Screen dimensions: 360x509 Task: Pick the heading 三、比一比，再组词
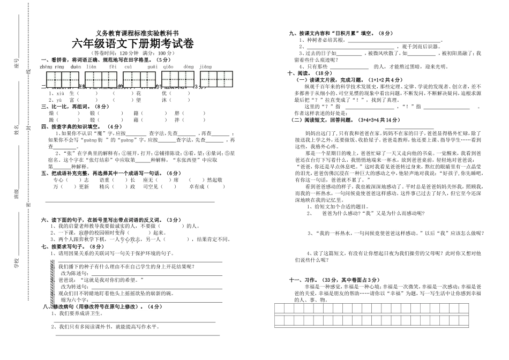click(69, 107)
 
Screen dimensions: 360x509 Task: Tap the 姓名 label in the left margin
click(17, 127)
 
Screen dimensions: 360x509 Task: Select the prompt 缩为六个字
click(72, 300)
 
